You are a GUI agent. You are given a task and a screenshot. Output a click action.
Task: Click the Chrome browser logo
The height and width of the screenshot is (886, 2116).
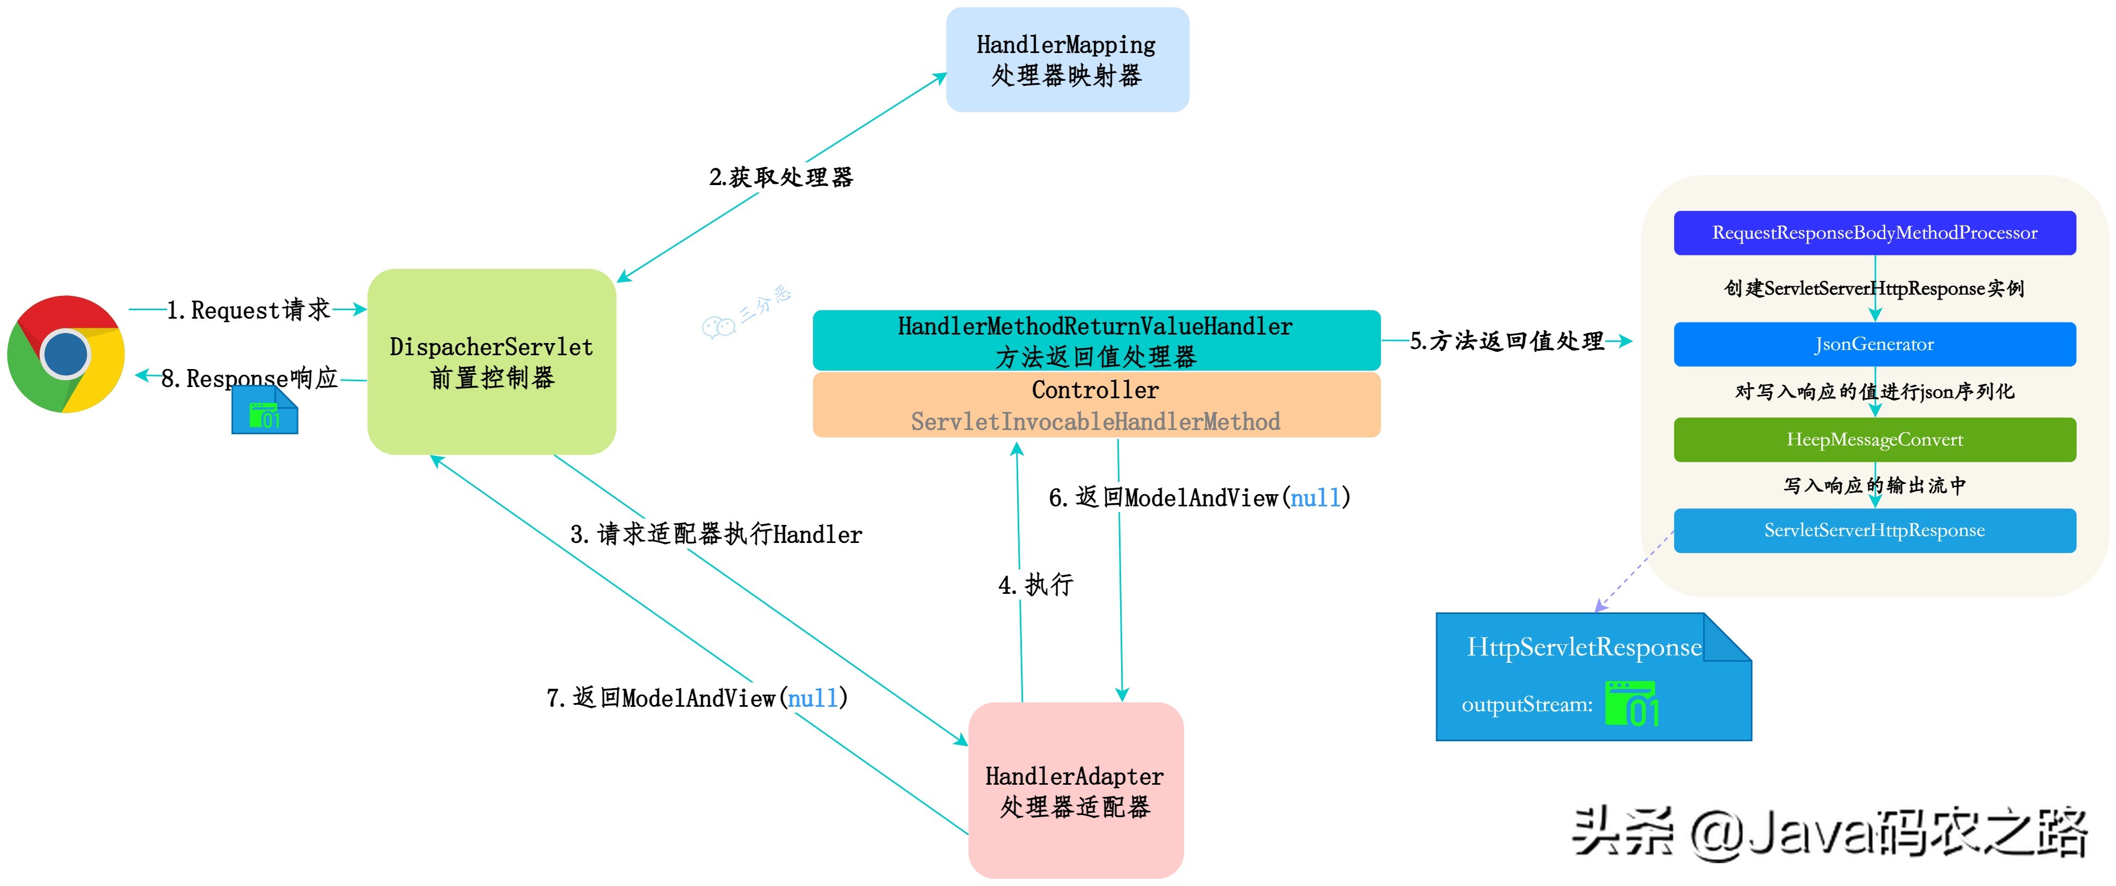coord(66,354)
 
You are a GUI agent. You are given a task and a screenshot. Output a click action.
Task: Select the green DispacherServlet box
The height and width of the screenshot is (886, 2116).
coord(491,361)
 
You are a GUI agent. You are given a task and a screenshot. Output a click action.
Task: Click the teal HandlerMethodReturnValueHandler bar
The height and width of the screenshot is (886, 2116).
coord(1095,340)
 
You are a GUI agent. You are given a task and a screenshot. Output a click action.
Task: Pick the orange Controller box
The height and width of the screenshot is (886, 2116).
coord(1095,405)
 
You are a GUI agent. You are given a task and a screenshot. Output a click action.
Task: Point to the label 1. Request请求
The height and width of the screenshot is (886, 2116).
coord(248,310)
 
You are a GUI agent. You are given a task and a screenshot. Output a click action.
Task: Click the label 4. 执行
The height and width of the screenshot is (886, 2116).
coord(1035,585)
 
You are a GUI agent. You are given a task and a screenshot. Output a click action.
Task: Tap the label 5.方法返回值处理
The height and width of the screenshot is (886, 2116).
coord(1507,341)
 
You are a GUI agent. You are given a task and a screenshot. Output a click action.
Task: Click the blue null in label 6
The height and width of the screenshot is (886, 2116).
coord(1314,497)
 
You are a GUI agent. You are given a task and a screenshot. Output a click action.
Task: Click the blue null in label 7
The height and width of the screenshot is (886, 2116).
coord(812,698)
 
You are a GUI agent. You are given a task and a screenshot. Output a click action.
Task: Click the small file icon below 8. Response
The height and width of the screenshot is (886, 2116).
coord(265,410)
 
